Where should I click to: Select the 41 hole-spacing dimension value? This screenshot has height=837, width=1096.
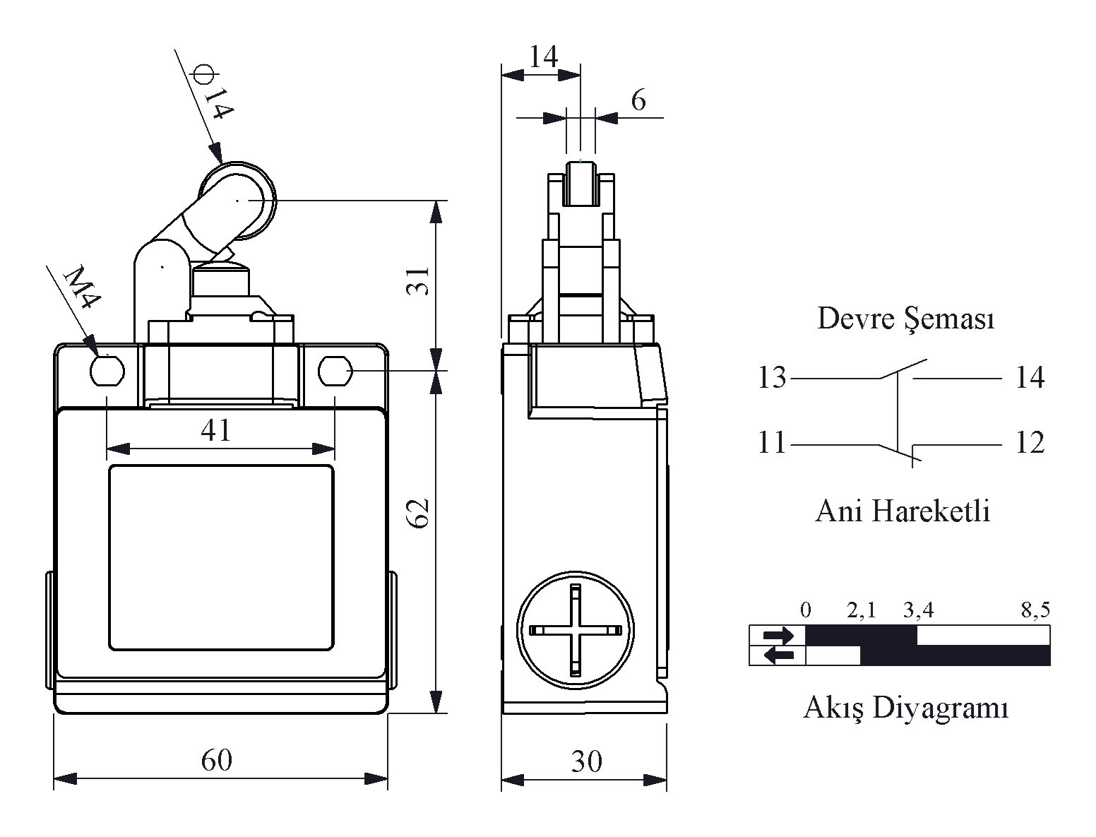click(x=215, y=430)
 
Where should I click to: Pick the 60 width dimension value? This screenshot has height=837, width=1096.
click(x=217, y=760)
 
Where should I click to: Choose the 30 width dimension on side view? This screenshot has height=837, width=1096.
click(x=587, y=761)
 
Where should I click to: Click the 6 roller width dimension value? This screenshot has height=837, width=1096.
click(x=638, y=100)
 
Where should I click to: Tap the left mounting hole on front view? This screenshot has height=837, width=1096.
click(x=107, y=371)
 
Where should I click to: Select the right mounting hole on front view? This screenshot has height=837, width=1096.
click(x=335, y=371)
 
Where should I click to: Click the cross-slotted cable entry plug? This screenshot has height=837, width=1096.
click(x=576, y=630)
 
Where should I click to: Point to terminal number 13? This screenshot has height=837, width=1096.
click(x=772, y=377)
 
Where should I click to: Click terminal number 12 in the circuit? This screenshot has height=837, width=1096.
click(x=1030, y=442)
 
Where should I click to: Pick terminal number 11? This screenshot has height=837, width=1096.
click(x=771, y=442)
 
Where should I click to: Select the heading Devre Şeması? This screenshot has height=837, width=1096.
click(x=906, y=319)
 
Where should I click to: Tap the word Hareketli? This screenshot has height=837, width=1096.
click(x=931, y=511)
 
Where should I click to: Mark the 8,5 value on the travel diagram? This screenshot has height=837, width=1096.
click(x=1035, y=610)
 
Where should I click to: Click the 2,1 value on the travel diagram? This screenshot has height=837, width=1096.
click(x=862, y=610)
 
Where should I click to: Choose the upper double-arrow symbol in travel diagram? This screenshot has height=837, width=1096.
click(x=778, y=635)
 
